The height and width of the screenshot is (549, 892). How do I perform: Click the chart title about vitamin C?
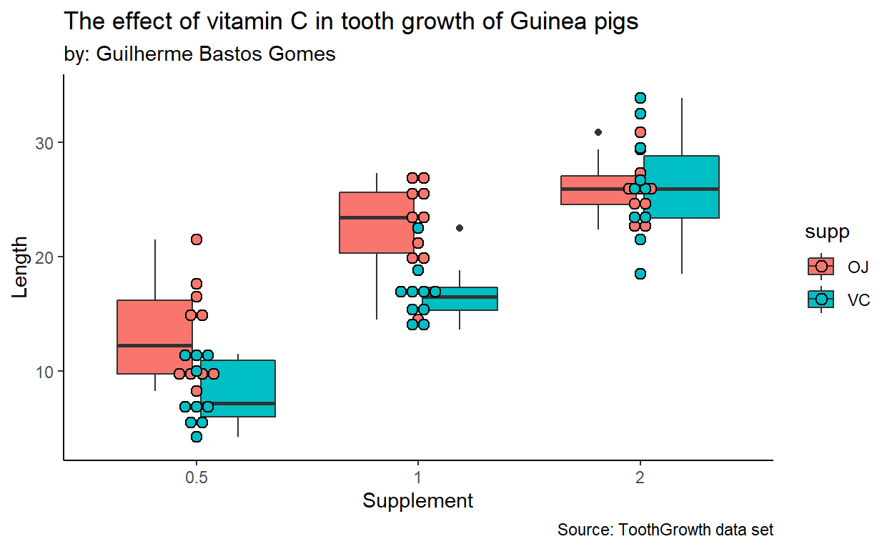351,21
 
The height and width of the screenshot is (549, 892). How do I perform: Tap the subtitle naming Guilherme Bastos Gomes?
200,54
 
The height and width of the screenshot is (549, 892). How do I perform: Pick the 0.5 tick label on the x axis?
197,476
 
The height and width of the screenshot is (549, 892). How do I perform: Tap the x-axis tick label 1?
418,476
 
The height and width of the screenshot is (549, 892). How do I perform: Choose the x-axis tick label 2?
640,476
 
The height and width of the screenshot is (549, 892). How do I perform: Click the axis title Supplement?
418,500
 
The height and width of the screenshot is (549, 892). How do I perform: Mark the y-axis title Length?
21,268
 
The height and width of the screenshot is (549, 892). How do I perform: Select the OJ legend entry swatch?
821,266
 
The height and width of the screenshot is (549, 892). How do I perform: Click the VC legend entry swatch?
821,300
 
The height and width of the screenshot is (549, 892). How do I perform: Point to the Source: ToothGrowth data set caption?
665,530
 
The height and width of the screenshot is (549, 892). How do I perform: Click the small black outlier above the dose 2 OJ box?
598,132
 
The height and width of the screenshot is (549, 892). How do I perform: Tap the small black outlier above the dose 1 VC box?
460,228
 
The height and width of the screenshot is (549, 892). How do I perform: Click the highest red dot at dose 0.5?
197,239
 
